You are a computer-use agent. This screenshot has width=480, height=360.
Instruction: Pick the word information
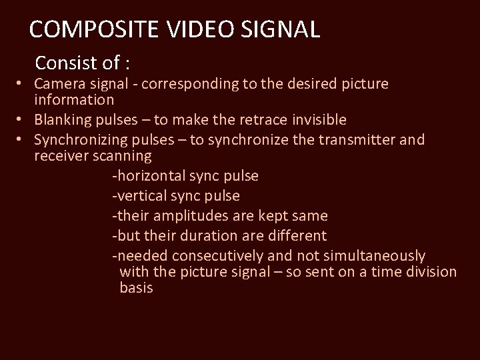click(74, 101)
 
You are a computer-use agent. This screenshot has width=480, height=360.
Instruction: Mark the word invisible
click(313, 120)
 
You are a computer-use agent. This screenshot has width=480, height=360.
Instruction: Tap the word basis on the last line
click(136, 288)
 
